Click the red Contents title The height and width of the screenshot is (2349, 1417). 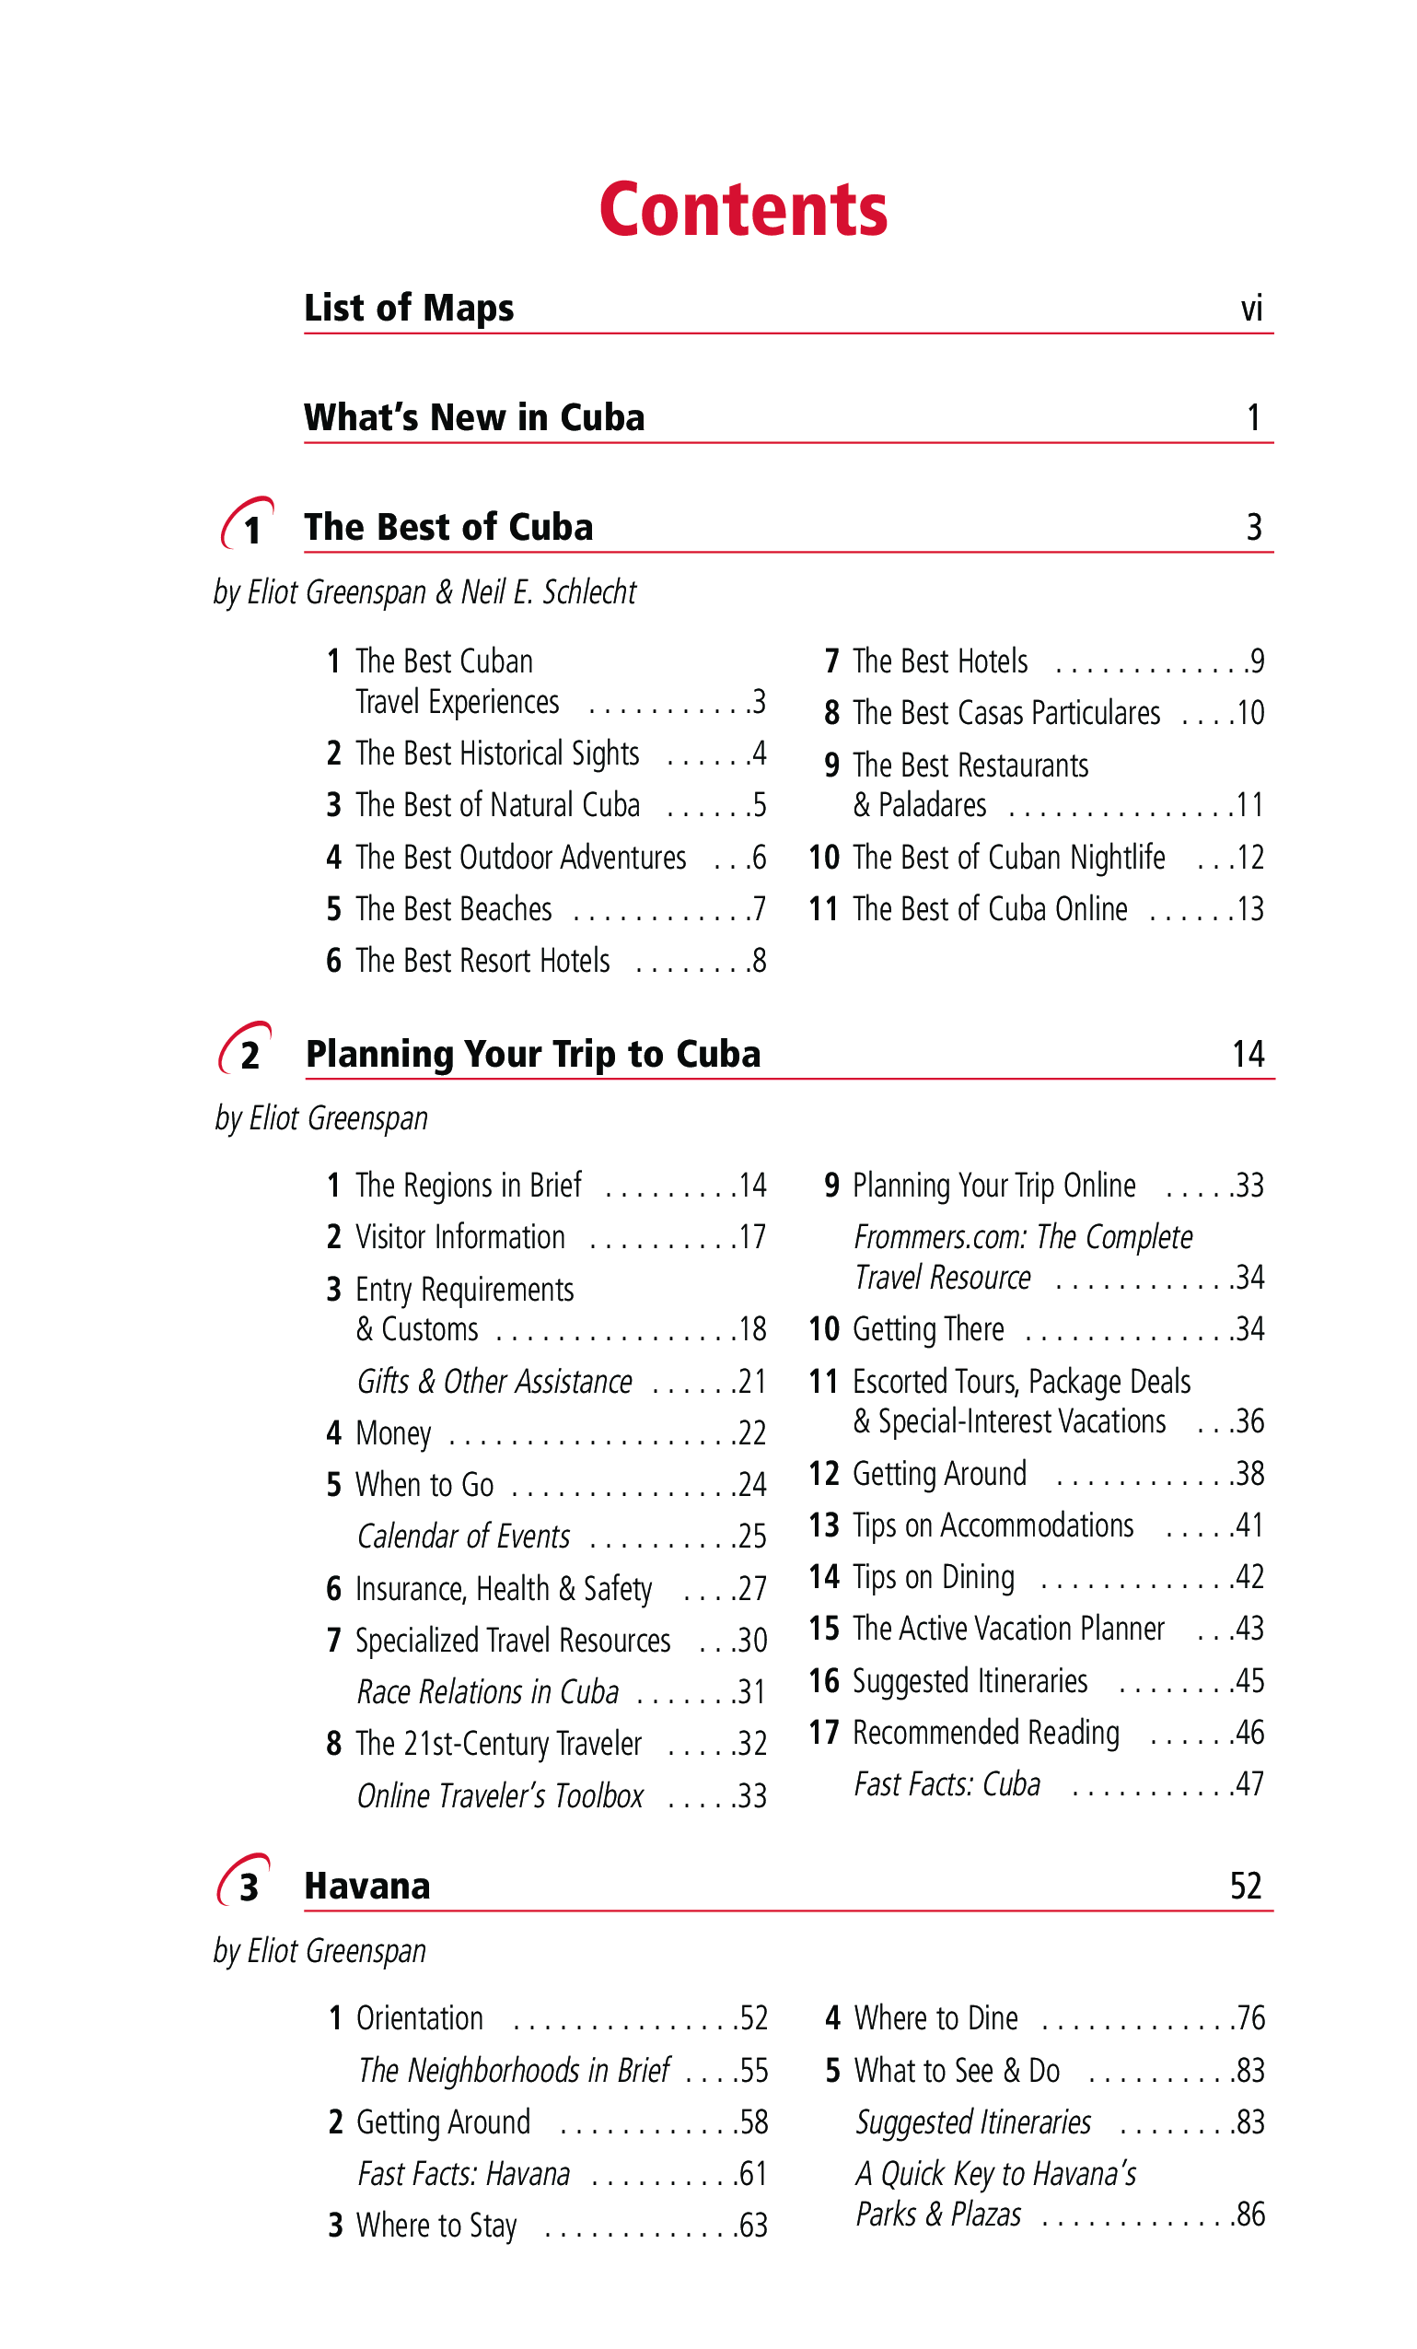click(742, 210)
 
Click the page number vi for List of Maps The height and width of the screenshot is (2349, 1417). click(1251, 309)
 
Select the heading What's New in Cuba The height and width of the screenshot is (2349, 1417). click(473, 417)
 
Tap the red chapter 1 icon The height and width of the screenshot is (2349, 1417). click(248, 524)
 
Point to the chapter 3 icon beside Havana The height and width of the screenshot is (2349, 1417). click(245, 1882)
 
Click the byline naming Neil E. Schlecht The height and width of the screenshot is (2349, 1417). click(425, 592)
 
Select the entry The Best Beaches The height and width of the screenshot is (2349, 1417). click(454, 909)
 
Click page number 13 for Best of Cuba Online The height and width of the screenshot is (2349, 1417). click(1250, 909)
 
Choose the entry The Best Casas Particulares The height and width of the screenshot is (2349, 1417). click(1006, 713)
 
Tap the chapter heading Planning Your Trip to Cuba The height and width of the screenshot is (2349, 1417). click(533, 1055)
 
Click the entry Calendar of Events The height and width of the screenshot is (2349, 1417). click(464, 1536)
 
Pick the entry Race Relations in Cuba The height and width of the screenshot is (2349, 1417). click(488, 1691)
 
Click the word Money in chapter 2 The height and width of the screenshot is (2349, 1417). click(392, 1432)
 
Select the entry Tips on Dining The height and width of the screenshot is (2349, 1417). click(933, 1578)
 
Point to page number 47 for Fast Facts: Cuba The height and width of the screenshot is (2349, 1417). click(1249, 1783)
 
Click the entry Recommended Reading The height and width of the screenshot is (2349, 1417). click(985, 1732)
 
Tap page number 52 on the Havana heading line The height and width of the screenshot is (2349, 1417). click(1246, 1886)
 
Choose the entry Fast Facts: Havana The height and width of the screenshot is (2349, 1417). click(464, 2174)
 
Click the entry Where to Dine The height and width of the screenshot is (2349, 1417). click(935, 2018)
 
